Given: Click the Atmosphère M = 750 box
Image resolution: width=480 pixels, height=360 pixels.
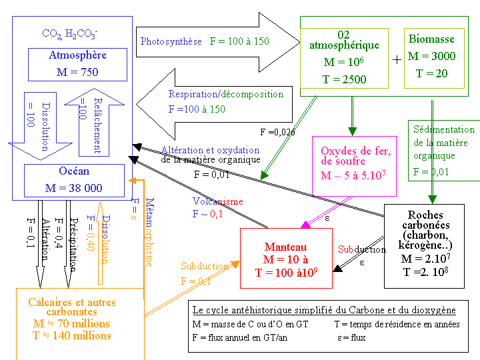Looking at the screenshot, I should point(77,64).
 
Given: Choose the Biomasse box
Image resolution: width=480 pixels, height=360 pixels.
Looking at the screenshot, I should point(431,57).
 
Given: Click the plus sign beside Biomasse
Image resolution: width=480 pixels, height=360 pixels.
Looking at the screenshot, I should point(397,59).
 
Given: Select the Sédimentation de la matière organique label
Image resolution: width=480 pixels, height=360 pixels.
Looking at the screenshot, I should point(443,143).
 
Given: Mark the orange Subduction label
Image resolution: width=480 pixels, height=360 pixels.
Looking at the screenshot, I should point(205,266).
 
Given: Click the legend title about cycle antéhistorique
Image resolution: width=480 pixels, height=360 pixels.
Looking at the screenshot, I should point(323,310).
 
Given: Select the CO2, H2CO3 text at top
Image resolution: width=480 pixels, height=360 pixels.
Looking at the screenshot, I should point(70,33).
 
